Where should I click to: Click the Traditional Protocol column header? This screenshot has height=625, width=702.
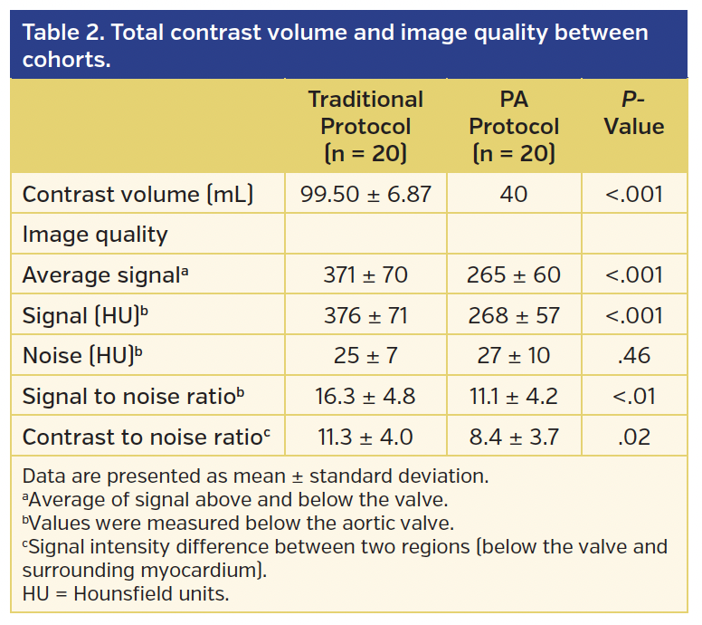point(365,126)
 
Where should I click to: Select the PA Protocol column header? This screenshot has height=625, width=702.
point(514,126)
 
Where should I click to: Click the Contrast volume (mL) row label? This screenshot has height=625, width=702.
point(138,195)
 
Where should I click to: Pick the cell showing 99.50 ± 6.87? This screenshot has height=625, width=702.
point(365,195)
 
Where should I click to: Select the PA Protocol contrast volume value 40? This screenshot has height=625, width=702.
point(514,195)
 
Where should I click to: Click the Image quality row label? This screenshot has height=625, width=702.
point(95,235)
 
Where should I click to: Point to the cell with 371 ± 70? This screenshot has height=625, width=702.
point(365,275)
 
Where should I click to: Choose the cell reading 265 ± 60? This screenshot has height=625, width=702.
point(514,275)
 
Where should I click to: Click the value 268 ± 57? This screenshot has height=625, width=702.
point(514,316)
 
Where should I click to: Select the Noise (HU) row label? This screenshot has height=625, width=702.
point(82,356)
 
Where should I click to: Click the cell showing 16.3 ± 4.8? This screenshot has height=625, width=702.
point(365,397)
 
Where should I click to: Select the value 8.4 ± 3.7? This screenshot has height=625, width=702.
point(514,437)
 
